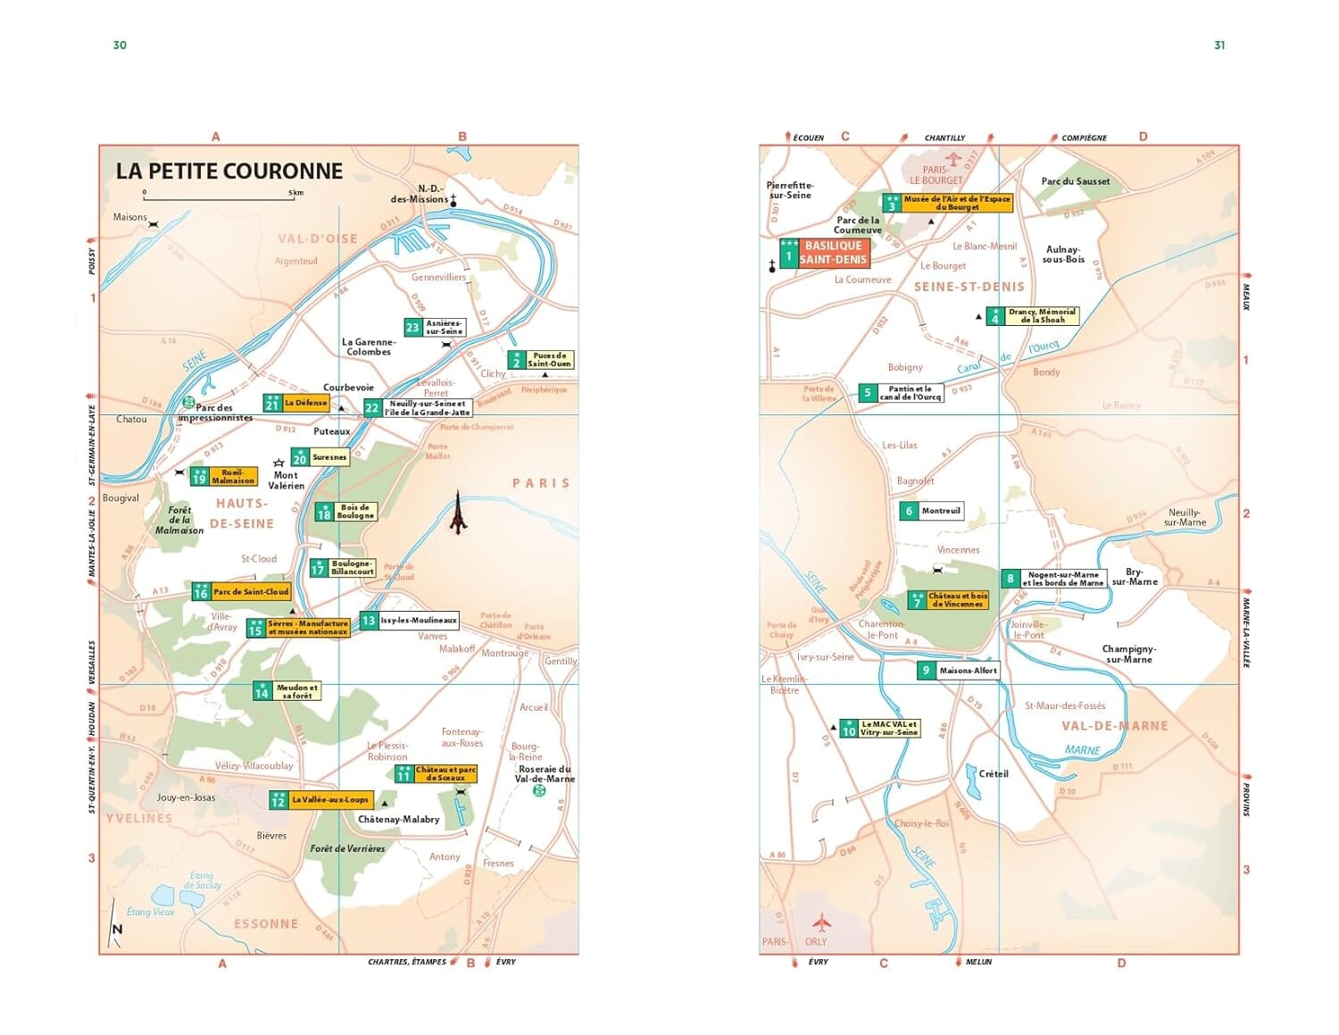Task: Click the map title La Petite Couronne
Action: point(229,171)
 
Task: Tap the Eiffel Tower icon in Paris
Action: point(458,513)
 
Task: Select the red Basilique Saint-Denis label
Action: point(833,253)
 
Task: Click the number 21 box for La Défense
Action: point(272,404)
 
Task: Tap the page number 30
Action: point(120,46)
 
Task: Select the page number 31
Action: point(1219,46)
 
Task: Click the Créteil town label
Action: point(993,773)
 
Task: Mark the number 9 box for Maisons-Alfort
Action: point(926,671)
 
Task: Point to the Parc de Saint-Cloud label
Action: point(251,591)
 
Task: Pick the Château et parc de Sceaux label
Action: point(445,773)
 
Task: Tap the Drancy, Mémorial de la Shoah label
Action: point(1042,316)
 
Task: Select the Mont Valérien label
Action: point(286,480)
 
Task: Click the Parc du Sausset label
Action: point(1075,181)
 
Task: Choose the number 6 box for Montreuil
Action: point(909,512)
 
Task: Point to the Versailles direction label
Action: point(92,663)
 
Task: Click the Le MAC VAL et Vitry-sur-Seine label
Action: point(888,729)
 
